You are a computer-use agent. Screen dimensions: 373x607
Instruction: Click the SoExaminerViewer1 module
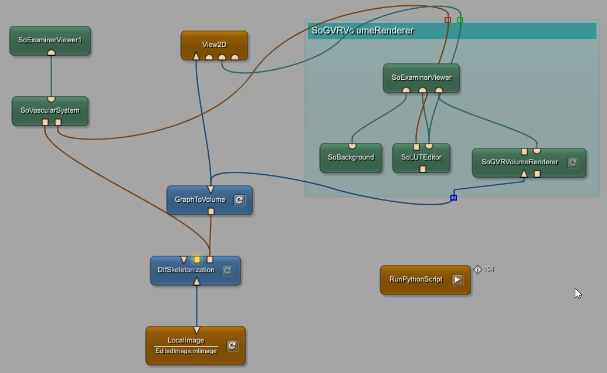[50, 40]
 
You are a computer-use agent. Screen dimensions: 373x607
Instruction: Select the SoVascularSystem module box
[50, 110]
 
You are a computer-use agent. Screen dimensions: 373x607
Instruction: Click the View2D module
[214, 44]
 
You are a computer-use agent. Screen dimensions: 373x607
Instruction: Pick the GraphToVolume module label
[200, 199]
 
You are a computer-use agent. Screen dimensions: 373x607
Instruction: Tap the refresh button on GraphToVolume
[239, 200]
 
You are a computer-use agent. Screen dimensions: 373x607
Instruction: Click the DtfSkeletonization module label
[186, 270]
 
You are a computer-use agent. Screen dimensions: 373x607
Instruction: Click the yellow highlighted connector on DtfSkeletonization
[197, 259]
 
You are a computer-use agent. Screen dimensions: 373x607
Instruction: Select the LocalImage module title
[186, 340]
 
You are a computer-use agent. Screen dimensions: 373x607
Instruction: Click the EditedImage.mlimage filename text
[186, 351]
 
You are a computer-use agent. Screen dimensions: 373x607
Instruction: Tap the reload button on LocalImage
[232, 345]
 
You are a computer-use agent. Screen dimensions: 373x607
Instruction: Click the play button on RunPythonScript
[457, 280]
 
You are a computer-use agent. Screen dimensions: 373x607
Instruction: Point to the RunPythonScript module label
[416, 279]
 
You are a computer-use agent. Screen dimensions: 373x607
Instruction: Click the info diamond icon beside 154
[477, 270]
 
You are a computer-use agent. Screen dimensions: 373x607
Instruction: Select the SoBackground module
[351, 157]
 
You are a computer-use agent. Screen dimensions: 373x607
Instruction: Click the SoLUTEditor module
[421, 157]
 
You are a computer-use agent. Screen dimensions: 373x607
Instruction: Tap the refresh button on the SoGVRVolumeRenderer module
[574, 162]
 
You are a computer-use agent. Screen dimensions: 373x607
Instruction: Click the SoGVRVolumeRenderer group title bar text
[363, 31]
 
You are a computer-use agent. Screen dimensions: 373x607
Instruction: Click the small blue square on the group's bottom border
[453, 198]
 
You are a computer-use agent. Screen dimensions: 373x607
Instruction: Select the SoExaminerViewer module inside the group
[421, 77]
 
